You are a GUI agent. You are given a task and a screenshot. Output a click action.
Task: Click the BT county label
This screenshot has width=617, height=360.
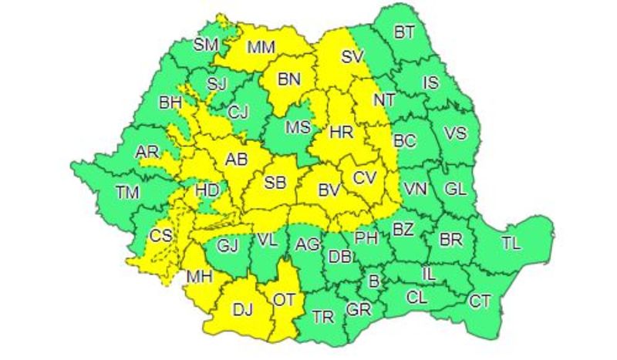[x=404, y=32]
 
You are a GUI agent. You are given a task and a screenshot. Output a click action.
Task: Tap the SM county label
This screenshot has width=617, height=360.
[x=206, y=45]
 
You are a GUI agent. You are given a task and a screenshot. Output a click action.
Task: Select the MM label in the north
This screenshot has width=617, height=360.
[x=262, y=49]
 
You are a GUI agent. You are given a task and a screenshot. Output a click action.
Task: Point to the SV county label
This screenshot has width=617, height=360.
[x=352, y=56]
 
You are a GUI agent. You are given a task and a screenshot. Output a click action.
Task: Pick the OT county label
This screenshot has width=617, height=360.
[x=285, y=299]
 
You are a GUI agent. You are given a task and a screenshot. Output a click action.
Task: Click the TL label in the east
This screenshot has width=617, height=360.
[x=511, y=244]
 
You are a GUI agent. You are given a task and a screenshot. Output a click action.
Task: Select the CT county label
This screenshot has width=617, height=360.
[x=480, y=301]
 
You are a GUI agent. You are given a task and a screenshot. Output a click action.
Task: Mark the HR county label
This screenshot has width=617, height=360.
[x=340, y=133]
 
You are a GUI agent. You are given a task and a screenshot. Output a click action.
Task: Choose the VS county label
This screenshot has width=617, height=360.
[x=456, y=133]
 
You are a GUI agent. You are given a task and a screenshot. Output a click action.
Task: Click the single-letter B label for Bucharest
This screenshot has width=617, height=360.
[x=374, y=281]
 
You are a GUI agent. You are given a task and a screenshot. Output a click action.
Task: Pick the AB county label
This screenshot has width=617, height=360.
[x=235, y=160]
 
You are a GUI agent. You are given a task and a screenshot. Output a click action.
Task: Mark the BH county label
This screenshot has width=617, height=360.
[x=169, y=101]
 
